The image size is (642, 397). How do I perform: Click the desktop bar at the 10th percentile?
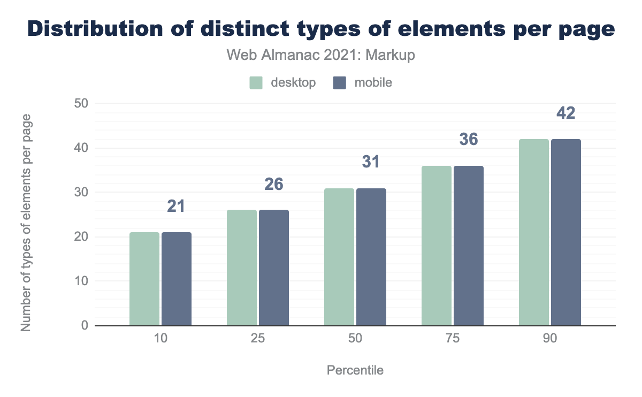point(144,279)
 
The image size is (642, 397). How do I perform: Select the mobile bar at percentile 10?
point(177,279)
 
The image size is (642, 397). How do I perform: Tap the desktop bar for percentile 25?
point(242,268)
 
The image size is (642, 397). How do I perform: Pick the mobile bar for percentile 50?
point(371,257)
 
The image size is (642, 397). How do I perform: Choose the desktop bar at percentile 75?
point(437,246)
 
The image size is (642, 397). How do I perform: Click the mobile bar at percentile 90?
point(566,232)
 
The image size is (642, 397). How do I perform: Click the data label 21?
point(176,206)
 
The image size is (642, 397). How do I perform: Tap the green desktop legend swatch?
point(256,83)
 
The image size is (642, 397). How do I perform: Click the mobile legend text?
point(373,83)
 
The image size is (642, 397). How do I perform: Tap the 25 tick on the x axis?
point(257,339)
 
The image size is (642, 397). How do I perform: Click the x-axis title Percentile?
point(355,370)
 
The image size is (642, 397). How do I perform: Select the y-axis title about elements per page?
point(26,222)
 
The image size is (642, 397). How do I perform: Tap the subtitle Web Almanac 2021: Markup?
point(320,55)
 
